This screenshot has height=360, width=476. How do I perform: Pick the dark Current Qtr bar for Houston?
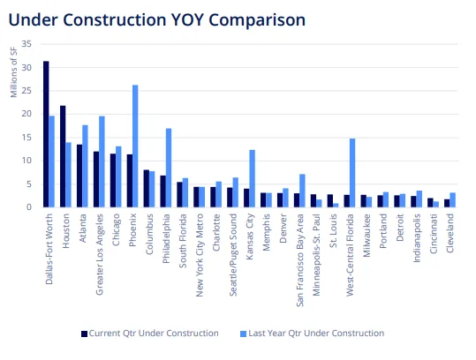63,156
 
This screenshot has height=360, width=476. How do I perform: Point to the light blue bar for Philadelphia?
169,168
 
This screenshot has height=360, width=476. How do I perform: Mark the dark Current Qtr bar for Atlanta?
79,176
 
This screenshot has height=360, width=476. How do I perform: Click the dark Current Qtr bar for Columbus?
146,188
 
